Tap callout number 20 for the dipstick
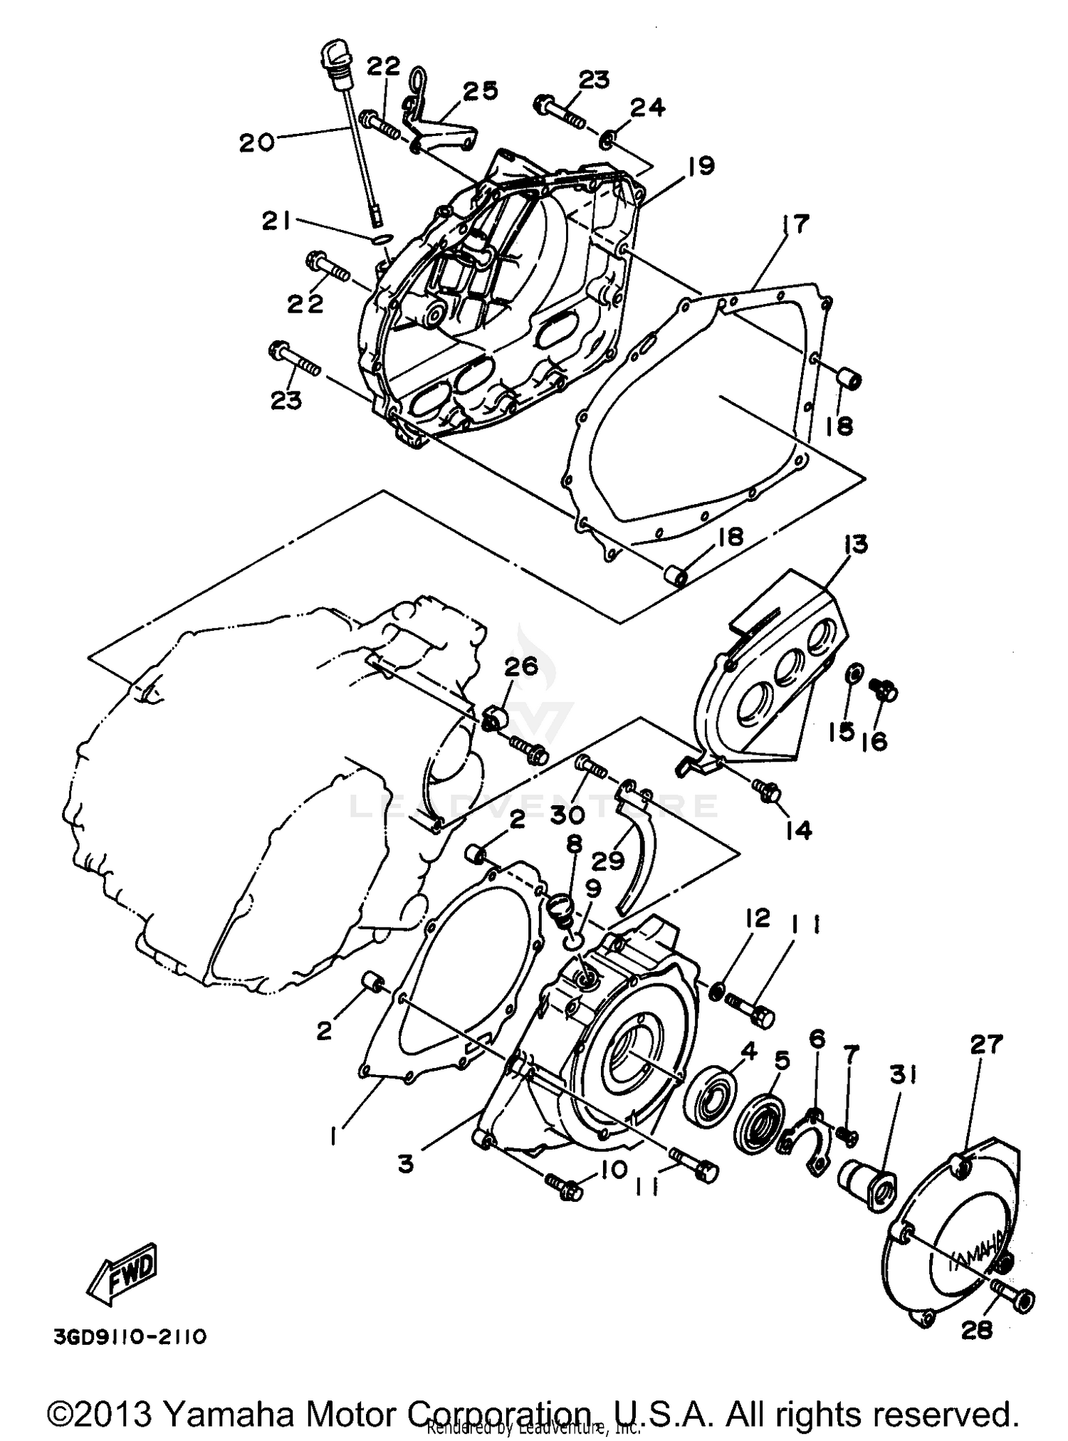point(256,142)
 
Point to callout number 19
point(701,166)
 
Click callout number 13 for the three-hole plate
point(856,545)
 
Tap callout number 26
point(522,667)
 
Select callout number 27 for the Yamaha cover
point(985,1045)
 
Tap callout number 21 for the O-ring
point(276,222)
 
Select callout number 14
point(798,829)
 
